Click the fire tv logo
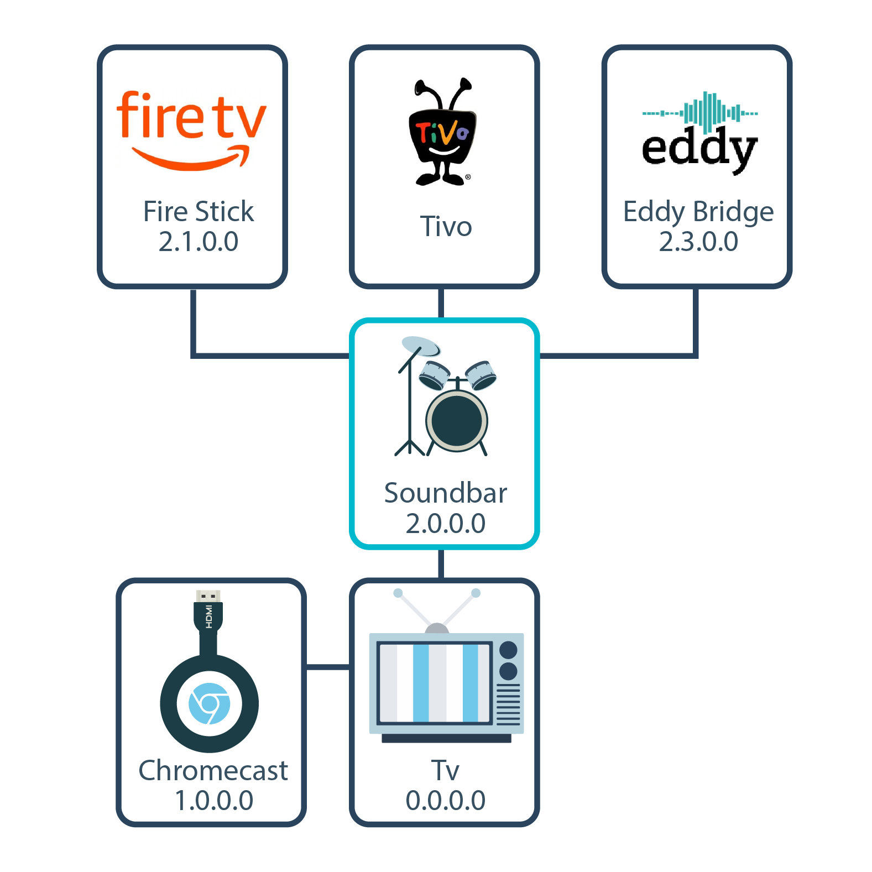click(x=191, y=130)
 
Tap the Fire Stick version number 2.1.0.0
click(x=199, y=242)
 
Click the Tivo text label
click(x=446, y=227)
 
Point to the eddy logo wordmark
click(x=699, y=148)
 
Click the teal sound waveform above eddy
click(x=700, y=112)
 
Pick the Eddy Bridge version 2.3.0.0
click(x=698, y=242)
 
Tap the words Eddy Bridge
click(x=698, y=212)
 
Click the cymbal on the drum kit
click(x=420, y=346)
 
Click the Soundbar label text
click(x=446, y=493)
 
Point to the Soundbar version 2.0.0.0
click(x=446, y=524)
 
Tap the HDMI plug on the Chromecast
click(x=208, y=611)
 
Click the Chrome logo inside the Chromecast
click(x=209, y=704)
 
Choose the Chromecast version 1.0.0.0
click(x=214, y=801)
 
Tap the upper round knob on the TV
click(x=508, y=650)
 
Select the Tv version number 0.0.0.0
click(x=446, y=801)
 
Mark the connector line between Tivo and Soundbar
click(x=441, y=303)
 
